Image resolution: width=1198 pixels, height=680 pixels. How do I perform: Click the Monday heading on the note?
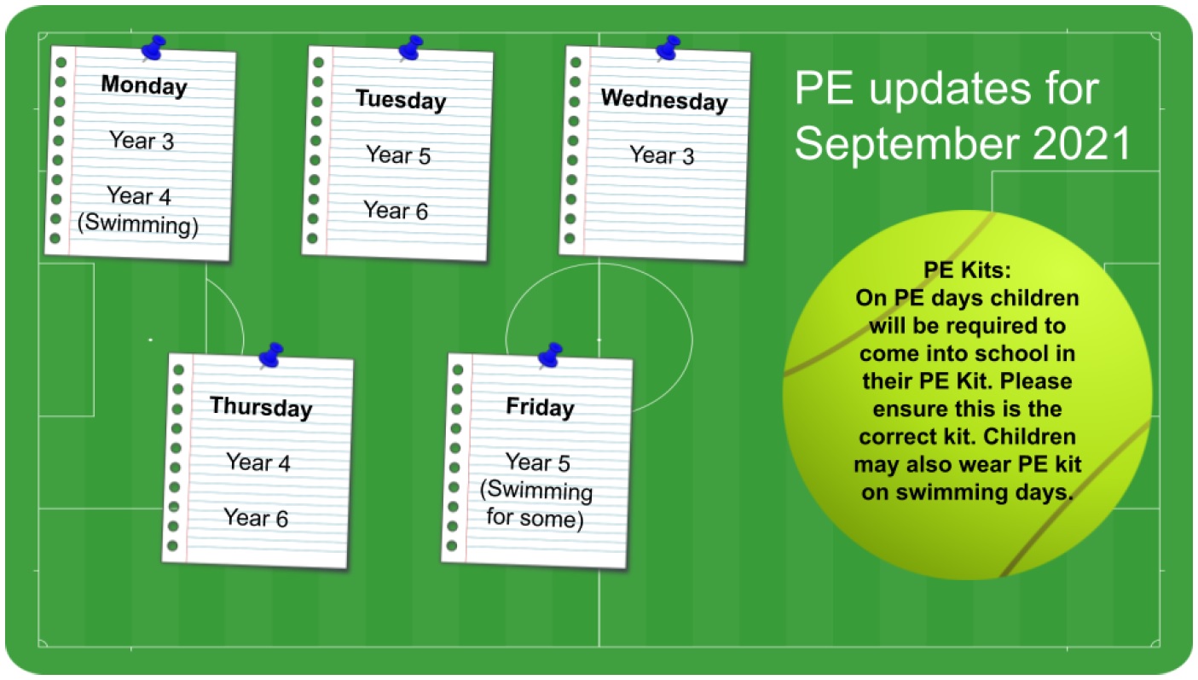[144, 85]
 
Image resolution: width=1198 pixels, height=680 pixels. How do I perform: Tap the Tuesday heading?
[401, 100]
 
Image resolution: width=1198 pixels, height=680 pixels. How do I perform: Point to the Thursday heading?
[261, 407]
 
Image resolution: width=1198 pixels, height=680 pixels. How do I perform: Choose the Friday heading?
[541, 407]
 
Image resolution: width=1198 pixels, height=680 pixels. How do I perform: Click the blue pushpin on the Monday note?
[153, 48]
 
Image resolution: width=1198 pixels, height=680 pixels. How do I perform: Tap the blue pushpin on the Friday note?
[550, 355]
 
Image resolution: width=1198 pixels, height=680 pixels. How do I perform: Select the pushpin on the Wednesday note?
[668, 48]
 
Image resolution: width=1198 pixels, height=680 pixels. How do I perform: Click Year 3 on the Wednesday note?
[662, 155]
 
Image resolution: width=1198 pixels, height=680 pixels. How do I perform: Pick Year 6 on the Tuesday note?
[396, 210]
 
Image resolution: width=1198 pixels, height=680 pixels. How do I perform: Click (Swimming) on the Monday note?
[138, 224]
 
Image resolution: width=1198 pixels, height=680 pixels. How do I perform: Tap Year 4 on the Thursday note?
[258, 462]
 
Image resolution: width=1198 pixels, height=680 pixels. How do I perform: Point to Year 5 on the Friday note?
[537, 462]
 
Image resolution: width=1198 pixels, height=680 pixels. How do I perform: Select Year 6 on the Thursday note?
[256, 517]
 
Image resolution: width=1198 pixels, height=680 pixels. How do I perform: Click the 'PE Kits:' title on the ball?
[968, 270]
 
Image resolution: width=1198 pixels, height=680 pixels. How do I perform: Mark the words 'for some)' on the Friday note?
[535, 519]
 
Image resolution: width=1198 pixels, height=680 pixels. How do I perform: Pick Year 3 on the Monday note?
[142, 141]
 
